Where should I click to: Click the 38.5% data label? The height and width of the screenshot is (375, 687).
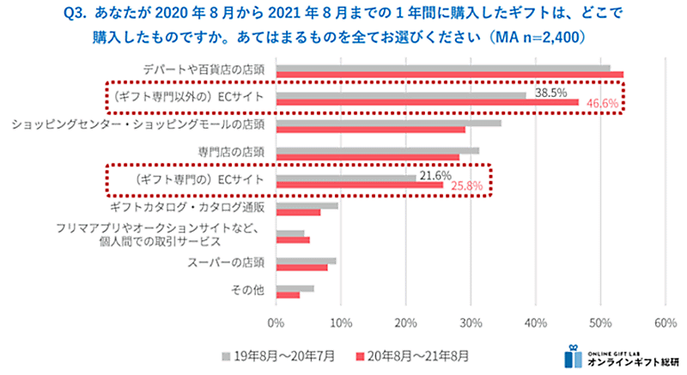[x=550, y=91]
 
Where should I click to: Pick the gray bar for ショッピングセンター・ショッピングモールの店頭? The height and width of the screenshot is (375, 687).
[x=388, y=123]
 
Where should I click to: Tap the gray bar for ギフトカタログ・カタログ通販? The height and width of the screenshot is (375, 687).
[x=307, y=206]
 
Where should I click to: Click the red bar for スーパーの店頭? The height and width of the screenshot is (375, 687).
[x=301, y=268]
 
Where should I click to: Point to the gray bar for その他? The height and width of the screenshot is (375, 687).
[x=295, y=288]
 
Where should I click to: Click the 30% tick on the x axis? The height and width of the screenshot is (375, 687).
[x=471, y=323]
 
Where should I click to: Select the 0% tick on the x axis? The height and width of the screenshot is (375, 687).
[x=276, y=323]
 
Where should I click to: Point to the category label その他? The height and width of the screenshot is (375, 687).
[x=247, y=290]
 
